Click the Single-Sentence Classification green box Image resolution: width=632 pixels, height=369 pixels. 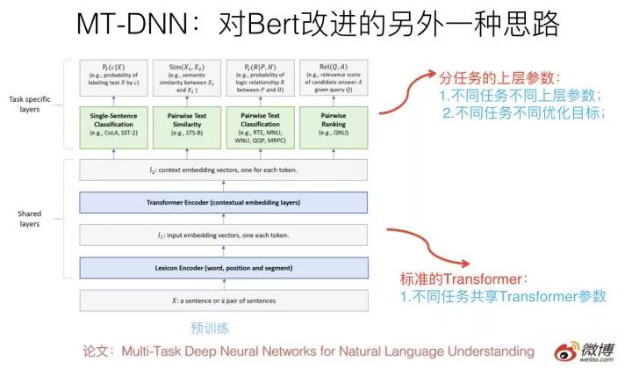pos(115,125)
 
